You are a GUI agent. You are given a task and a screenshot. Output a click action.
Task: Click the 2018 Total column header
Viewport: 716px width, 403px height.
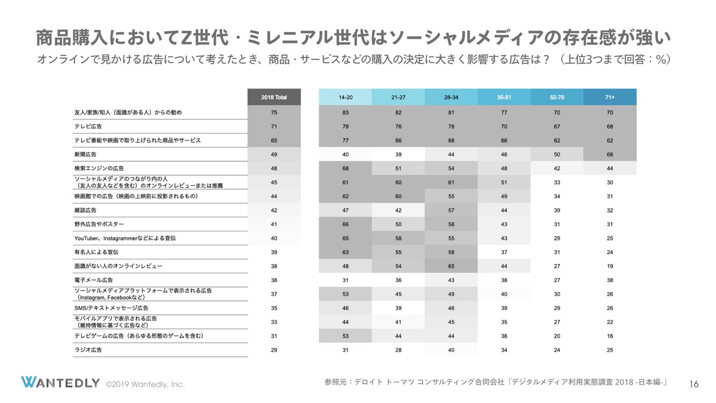coord(274,97)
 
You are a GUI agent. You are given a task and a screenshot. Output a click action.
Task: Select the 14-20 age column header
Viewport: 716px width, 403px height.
coord(346,97)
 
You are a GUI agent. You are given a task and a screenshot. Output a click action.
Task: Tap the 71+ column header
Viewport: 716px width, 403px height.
coord(610,97)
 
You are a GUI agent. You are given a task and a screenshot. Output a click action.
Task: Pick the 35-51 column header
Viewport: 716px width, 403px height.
coord(504,97)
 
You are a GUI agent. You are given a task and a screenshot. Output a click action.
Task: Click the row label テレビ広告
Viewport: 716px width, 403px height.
coord(88,126)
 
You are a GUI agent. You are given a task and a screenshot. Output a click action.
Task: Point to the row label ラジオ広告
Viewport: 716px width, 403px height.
coord(88,350)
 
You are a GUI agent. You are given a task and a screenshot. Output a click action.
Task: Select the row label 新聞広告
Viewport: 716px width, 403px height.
coord(86,154)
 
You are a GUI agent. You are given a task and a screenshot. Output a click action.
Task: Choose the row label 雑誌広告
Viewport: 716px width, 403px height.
coord(86,210)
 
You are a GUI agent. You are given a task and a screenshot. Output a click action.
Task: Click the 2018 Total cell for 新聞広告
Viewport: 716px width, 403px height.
coord(274,154)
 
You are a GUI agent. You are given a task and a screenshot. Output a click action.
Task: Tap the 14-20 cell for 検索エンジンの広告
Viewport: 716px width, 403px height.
coord(346,168)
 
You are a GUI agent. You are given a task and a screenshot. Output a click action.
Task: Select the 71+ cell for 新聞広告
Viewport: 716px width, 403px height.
coord(610,154)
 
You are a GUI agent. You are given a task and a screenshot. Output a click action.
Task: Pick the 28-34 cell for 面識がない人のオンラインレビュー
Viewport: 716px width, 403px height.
coord(451,266)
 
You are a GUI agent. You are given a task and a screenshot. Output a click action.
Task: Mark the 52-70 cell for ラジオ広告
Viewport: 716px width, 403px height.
coord(557,350)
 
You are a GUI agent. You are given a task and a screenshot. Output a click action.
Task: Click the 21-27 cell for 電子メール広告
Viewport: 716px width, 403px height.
coord(398,280)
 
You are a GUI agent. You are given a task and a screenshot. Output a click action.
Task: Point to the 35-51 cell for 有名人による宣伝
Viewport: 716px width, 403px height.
coord(504,252)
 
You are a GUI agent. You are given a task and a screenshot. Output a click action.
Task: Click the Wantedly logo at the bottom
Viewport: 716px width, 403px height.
coord(60,383)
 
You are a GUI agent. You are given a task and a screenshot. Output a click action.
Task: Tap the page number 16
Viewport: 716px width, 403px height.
coord(694,384)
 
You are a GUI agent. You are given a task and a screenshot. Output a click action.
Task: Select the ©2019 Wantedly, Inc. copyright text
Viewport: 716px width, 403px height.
coord(145,384)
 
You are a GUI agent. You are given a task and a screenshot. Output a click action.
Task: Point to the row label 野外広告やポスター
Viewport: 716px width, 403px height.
coord(99,224)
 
